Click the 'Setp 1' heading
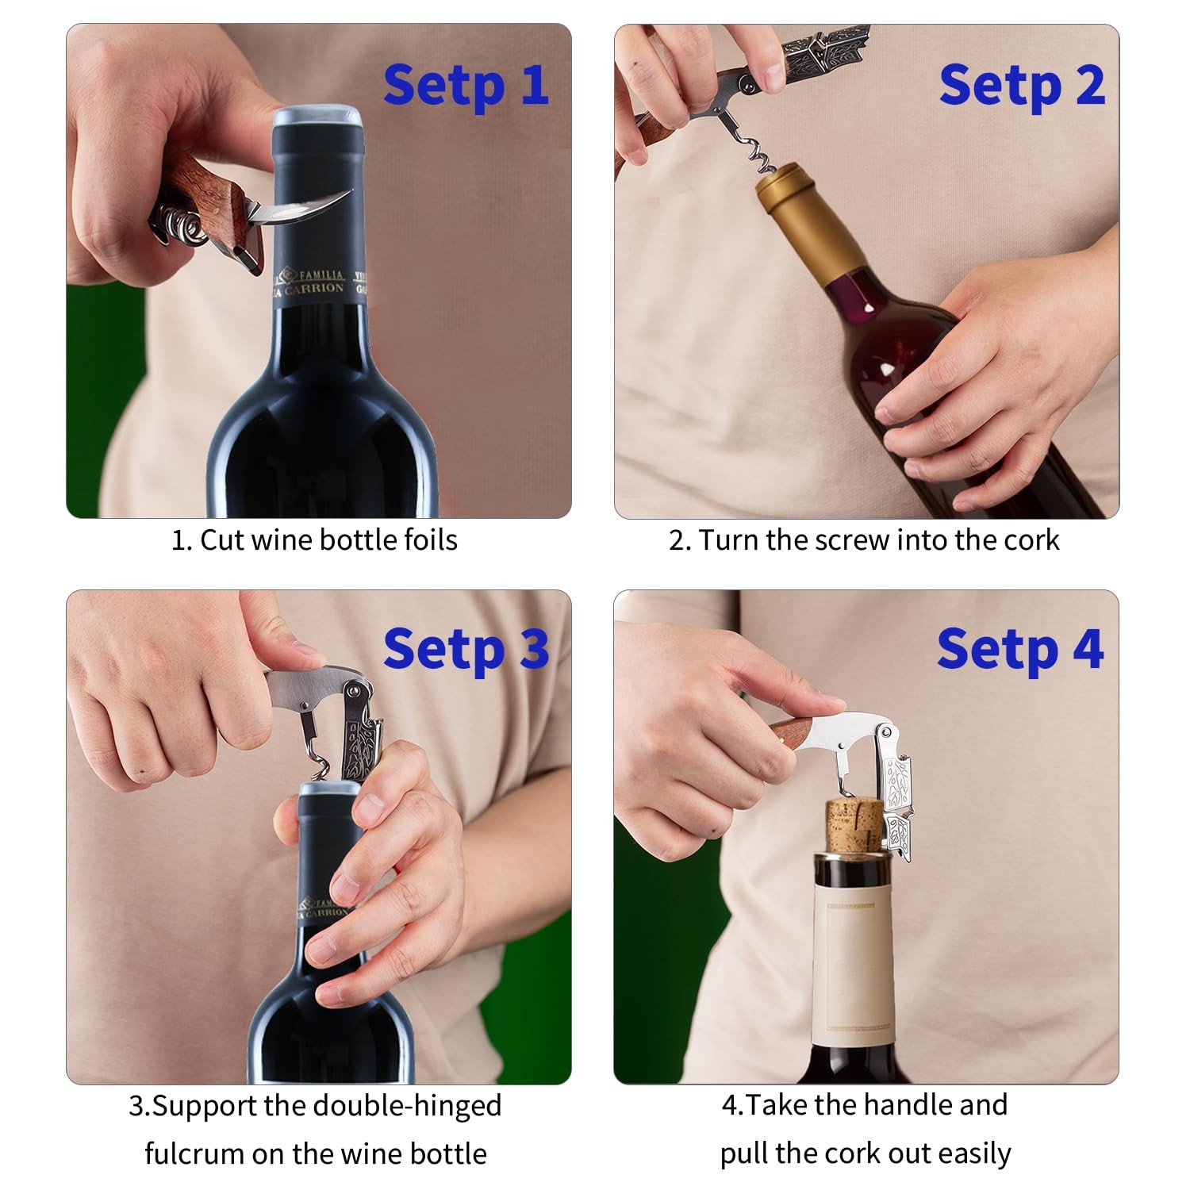point(466,86)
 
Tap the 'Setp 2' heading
point(1022,86)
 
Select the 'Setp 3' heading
point(466,650)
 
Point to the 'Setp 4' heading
point(1020,650)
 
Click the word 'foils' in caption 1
point(430,540)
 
